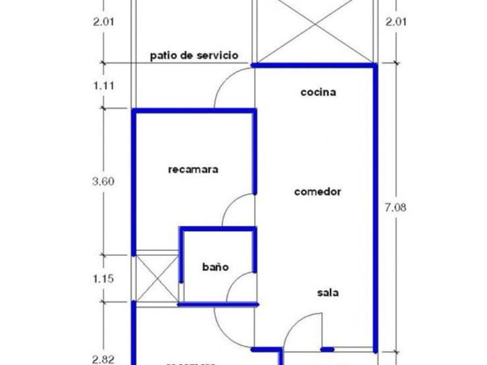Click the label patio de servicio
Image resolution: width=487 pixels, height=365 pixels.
click(194, 56)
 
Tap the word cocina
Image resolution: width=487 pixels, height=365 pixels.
click(318, 92)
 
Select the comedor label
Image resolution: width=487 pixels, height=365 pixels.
click(317, 192)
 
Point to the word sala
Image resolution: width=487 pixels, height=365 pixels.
click(328, 293)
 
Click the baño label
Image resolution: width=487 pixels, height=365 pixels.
click(215, 267)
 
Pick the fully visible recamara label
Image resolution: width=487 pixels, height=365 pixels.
click(192, 170)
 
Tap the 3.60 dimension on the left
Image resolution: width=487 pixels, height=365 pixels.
click(103, 181)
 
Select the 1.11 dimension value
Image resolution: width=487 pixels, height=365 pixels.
click(103, 86)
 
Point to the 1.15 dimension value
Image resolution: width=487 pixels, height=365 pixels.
click(103, 279)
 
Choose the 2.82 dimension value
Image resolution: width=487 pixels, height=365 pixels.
click(103, 359)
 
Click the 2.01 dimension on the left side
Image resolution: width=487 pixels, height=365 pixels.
click(103, 23)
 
